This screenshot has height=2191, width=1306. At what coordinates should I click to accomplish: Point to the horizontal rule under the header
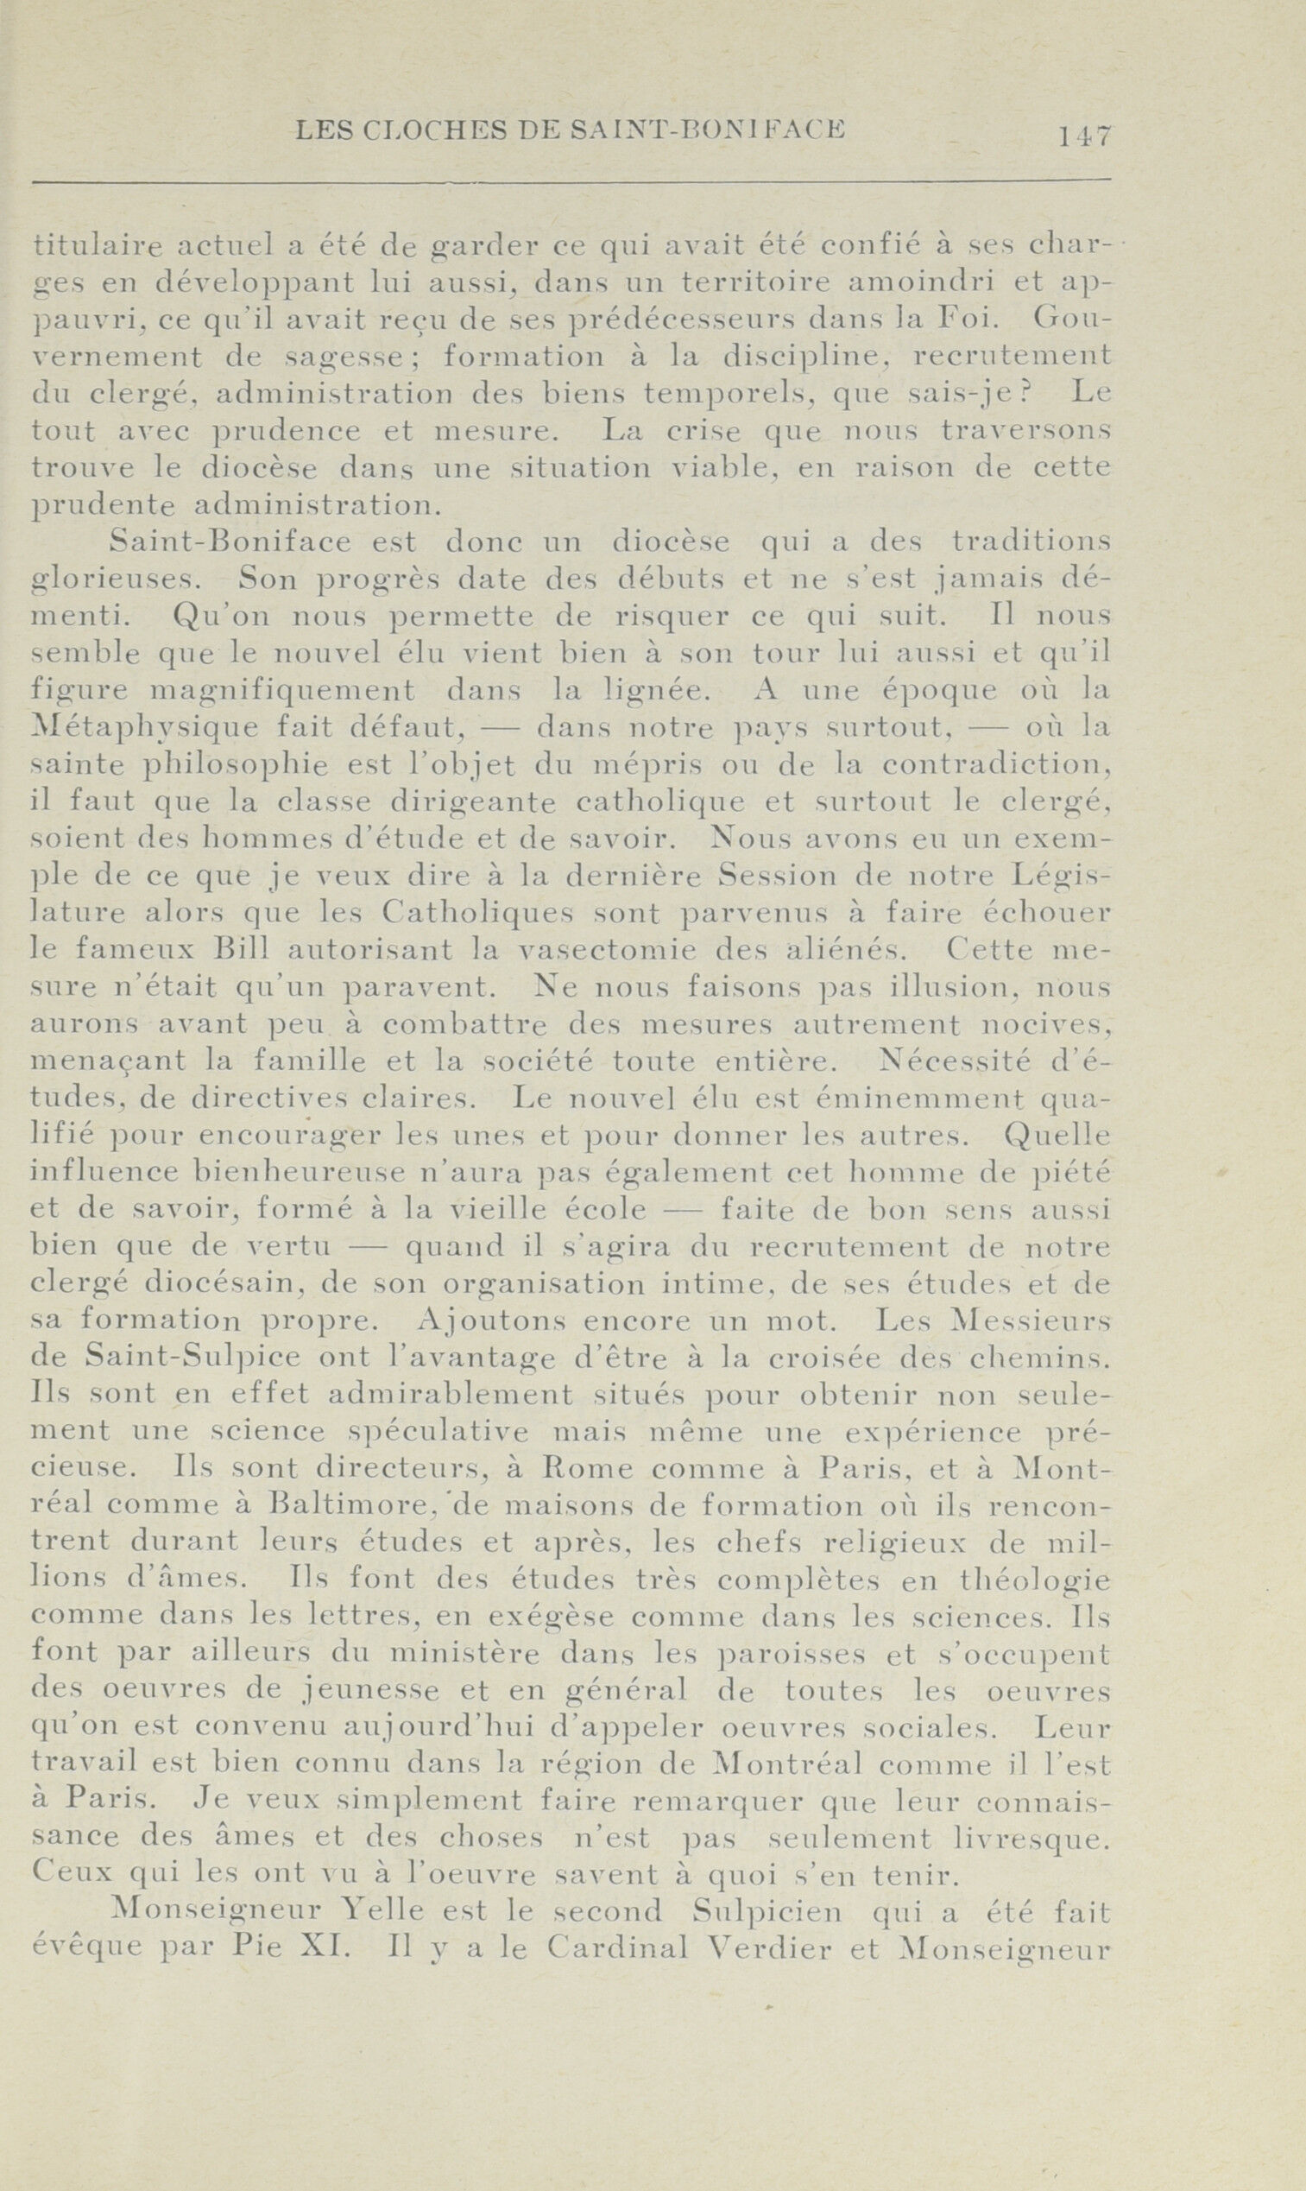(571, 182)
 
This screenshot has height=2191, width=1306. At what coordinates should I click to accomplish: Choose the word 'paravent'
(415, 986)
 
